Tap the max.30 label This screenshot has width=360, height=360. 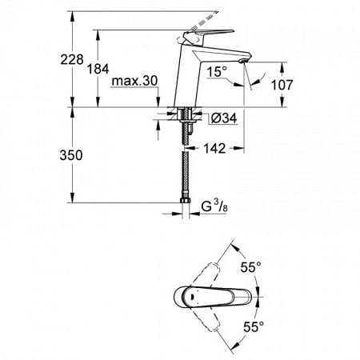pyautogui.click(x=136, y=82)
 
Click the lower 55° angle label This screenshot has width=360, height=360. pyautogui.click(x=253, y=326)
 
